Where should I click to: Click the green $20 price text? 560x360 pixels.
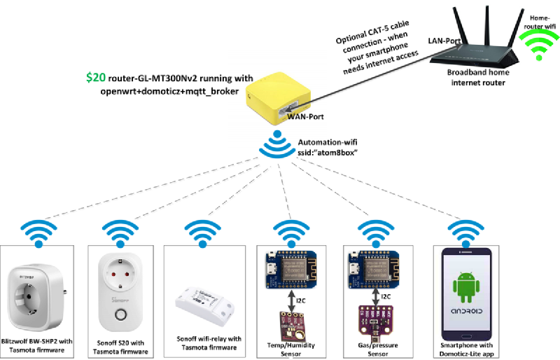96,78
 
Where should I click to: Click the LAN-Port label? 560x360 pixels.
444,41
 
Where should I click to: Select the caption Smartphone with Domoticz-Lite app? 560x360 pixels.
465,350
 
